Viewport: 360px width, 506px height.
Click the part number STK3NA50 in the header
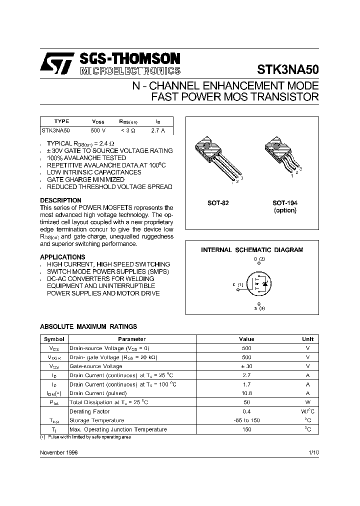pos(287,69)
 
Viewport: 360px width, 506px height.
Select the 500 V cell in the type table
pos(98,130)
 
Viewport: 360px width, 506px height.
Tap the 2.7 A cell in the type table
pos(158,130)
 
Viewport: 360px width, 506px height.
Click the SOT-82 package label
pos(218,203)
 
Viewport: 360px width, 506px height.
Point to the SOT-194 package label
pos(284,203)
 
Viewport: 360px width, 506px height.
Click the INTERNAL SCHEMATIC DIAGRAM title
pos(252,249)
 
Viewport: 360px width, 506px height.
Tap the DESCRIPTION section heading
pos(60,200)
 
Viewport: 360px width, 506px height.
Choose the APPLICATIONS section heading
pos(62,257)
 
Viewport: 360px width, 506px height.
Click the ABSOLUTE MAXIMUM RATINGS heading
pos(88,326)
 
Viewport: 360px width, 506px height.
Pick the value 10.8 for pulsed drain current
pos(246,393)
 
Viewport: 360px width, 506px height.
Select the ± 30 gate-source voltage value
pos(246,366)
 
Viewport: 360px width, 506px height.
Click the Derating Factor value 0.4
pos(246,411)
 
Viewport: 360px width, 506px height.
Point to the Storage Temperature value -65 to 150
pos(246,420)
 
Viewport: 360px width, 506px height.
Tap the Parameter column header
pos(132,339)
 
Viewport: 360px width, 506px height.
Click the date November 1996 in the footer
pos(58,452)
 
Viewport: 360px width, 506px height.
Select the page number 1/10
pos(313,452)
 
